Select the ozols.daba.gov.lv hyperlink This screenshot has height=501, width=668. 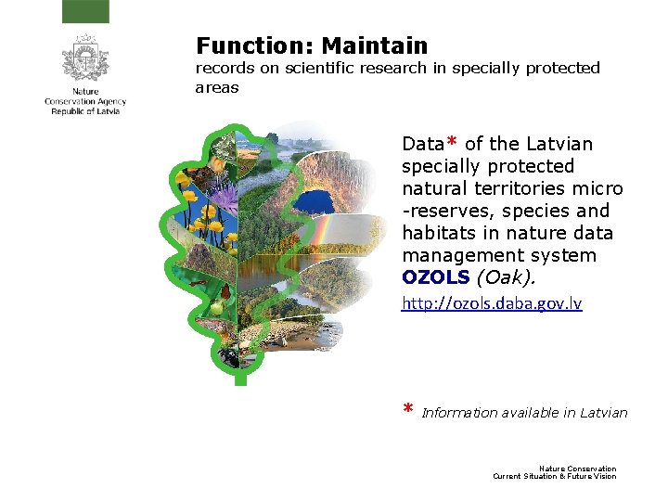[x=492, y=303]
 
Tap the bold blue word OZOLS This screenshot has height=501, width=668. [x=435, y=276]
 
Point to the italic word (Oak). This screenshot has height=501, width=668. [x=505, y=276]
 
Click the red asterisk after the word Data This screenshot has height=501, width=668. [x=452, y=143]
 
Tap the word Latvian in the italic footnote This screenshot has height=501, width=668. [x=604, y=413]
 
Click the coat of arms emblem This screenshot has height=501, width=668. [x=85, y=58]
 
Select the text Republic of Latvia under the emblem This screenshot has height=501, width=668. [x=85, y=111]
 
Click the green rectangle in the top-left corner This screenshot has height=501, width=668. [x=85, y=11]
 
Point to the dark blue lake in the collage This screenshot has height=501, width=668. [x=318, y=202]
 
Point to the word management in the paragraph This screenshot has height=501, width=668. [x=453, y=254]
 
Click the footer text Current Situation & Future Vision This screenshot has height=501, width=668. [x=554, y=476]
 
